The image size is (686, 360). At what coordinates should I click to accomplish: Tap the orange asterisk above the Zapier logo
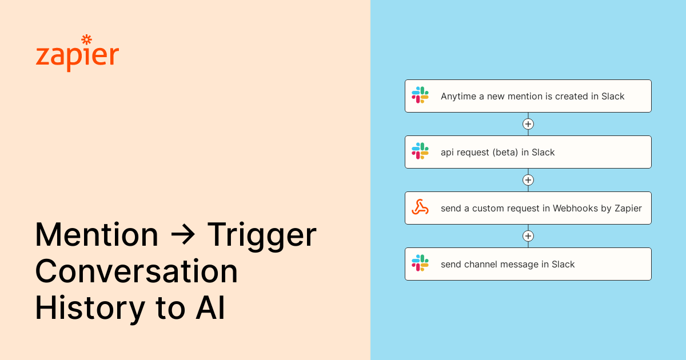coord(86,39)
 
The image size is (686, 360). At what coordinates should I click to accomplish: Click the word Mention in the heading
coord(97,235)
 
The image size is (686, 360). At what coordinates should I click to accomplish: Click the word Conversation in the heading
coord(137,271)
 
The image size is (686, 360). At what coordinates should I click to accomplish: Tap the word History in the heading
coord(90,308)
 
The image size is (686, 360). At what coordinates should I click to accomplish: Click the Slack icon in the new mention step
coord(420,95)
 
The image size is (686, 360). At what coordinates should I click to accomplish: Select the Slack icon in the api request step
coord(420,151)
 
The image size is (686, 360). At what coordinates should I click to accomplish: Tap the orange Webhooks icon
coord(420,207)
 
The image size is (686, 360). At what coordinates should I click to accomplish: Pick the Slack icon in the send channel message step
coord(420,263)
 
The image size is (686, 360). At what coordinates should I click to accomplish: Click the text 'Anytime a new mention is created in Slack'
coord(532,97)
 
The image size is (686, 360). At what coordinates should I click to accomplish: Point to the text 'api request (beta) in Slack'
coord(497,153)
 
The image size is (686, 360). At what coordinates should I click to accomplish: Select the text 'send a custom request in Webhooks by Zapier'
coord(541,209)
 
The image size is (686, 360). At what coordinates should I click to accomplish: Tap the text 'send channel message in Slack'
coord(508,265)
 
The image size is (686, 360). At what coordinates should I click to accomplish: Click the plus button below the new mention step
coord(528,124)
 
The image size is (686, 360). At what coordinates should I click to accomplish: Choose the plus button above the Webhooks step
coord(528,180)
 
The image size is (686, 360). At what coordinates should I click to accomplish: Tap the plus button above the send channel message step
coord(528,236)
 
